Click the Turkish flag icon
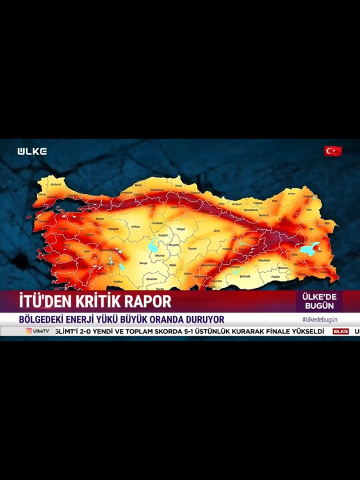333,151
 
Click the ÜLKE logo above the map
32,151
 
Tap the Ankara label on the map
136,227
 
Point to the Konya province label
143,263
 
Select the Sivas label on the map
216,230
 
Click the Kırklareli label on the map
56,184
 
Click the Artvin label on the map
292,194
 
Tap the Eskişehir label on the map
113,229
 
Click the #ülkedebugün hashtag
320,320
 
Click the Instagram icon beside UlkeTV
29,331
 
